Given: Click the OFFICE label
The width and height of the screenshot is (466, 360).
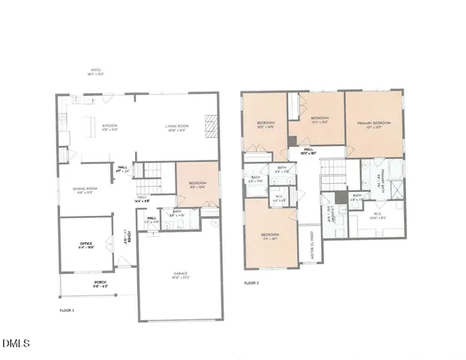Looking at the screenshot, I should coord(86,244).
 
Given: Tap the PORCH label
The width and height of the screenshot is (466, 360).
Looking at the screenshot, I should coord(100,283).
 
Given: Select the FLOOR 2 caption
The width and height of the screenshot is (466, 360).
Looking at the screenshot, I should coord(253,283).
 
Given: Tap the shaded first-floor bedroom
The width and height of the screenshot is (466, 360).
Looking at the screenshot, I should coord(197,184).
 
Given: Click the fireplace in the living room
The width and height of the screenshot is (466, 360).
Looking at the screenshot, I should coord(211,124).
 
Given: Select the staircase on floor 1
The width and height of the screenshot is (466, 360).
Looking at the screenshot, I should coord(153,178).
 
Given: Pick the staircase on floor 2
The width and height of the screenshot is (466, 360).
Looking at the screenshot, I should coord(331,180).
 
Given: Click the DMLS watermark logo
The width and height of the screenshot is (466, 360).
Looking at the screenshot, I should coord(16,343).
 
